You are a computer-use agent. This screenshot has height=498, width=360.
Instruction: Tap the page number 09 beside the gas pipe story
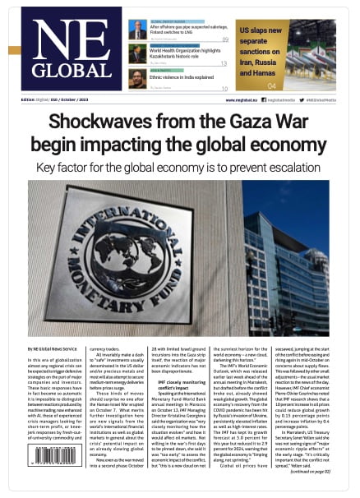coord(224,39)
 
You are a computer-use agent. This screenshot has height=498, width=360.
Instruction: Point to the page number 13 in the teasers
coord(224,63)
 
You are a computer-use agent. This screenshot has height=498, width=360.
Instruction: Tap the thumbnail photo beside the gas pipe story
coord(137,30)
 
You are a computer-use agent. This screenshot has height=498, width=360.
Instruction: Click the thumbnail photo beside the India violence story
coord(137,78)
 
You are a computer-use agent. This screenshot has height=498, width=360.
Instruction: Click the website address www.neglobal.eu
coord(240,100)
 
